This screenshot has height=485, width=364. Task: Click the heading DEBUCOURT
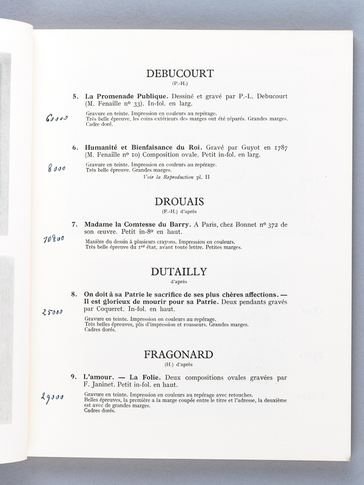click(180, 74)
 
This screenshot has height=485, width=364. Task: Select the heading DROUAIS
click(180, 202)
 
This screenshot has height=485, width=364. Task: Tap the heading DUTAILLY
click(180, 273)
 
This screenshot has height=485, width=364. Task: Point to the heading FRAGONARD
click(180, 355)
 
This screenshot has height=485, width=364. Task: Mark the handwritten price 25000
click(54, 312)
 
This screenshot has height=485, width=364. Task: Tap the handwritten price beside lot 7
click(55, 239)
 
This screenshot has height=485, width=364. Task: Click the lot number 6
click(75, 147)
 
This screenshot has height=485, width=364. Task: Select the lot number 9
click(75, 376)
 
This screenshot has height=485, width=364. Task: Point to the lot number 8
click(75, 294)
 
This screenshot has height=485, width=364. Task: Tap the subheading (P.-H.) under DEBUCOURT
click(180, 85)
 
